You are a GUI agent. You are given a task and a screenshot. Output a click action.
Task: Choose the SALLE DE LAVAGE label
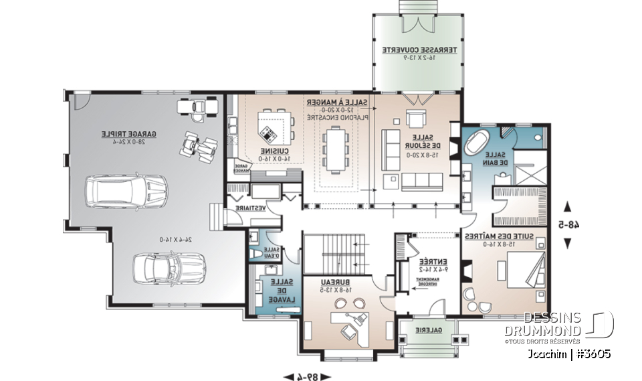(280, 291)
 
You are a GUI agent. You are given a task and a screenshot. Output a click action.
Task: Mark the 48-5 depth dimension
(568, 224)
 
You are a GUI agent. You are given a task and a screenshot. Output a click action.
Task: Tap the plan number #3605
(588, 353)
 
